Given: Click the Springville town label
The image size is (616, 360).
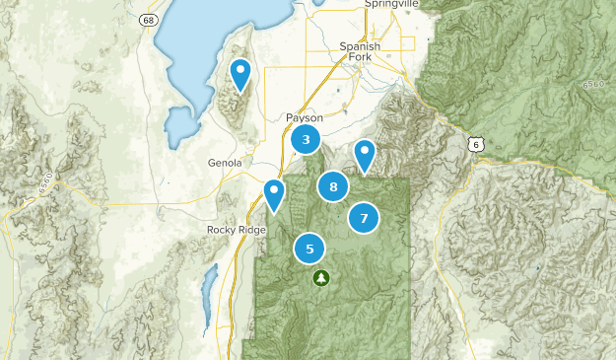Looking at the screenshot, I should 391,5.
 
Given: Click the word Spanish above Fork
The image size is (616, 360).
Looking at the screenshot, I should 358,45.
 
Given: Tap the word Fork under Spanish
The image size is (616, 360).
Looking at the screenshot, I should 360,57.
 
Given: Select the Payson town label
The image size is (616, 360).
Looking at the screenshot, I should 305,116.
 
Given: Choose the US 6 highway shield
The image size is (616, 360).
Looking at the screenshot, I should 478,144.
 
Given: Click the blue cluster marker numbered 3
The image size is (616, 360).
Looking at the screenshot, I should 307,140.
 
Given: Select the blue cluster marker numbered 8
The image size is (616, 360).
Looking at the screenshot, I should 333,186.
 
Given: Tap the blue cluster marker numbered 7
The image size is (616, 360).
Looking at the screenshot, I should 364,218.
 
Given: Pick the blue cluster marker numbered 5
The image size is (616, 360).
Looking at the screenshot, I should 309,249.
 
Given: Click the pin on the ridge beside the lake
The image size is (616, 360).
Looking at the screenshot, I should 240,73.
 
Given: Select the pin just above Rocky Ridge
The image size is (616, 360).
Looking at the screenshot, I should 274,192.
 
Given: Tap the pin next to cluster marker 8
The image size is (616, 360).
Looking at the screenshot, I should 366,154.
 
